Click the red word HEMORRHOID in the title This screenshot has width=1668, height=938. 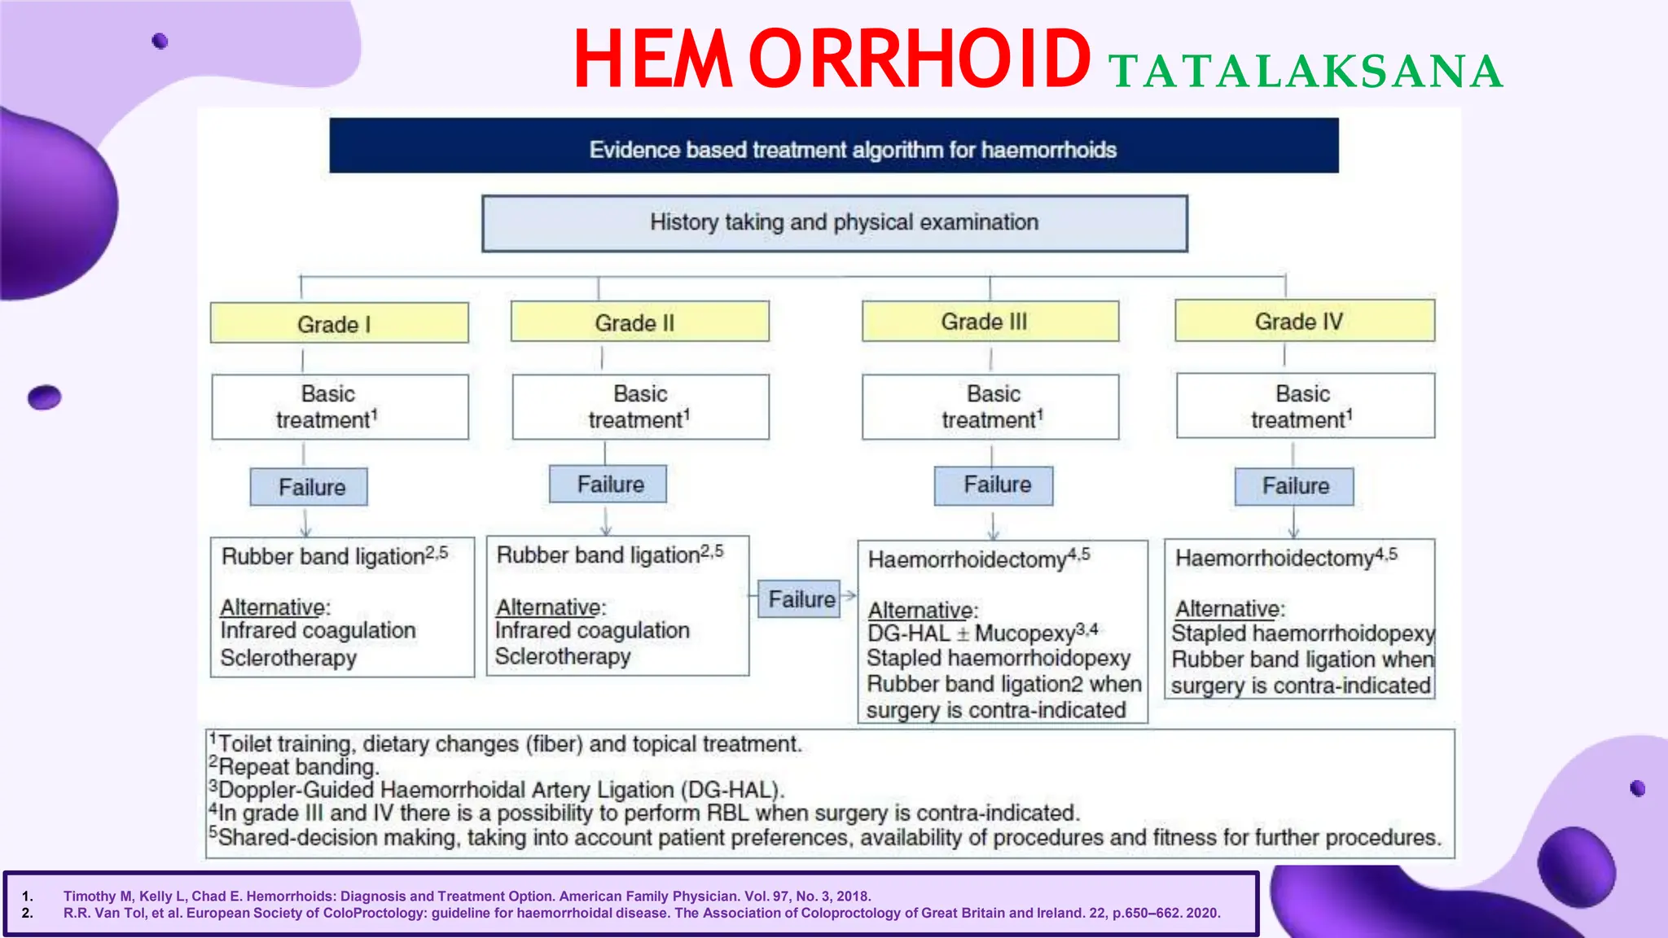pos(831,59)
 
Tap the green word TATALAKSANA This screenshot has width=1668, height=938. pos(1305,72)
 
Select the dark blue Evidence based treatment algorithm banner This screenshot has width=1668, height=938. pos(833,146)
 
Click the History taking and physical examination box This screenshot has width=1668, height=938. pos(834,223)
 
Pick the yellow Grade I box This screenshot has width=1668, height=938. pos(339,323)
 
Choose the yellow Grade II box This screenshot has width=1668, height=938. pos(639,322)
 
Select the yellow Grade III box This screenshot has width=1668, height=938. pos(990,322)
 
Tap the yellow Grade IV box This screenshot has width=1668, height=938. pos(1304,321)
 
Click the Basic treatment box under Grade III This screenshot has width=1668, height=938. pos(990,406)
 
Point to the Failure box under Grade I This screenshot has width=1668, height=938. pos(309,487)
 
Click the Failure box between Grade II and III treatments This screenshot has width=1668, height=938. pos(800,599)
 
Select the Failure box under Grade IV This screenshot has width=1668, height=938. pos(1294,486)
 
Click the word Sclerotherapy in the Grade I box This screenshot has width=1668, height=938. pos(288,658)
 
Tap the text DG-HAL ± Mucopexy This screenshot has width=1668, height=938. pos(981,633)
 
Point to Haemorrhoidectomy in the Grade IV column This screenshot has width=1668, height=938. pos(1275,558)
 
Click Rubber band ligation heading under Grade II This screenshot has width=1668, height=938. pos(599,555)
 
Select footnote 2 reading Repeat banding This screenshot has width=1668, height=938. pos(298,767)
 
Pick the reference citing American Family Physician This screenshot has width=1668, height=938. pos(467,896)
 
